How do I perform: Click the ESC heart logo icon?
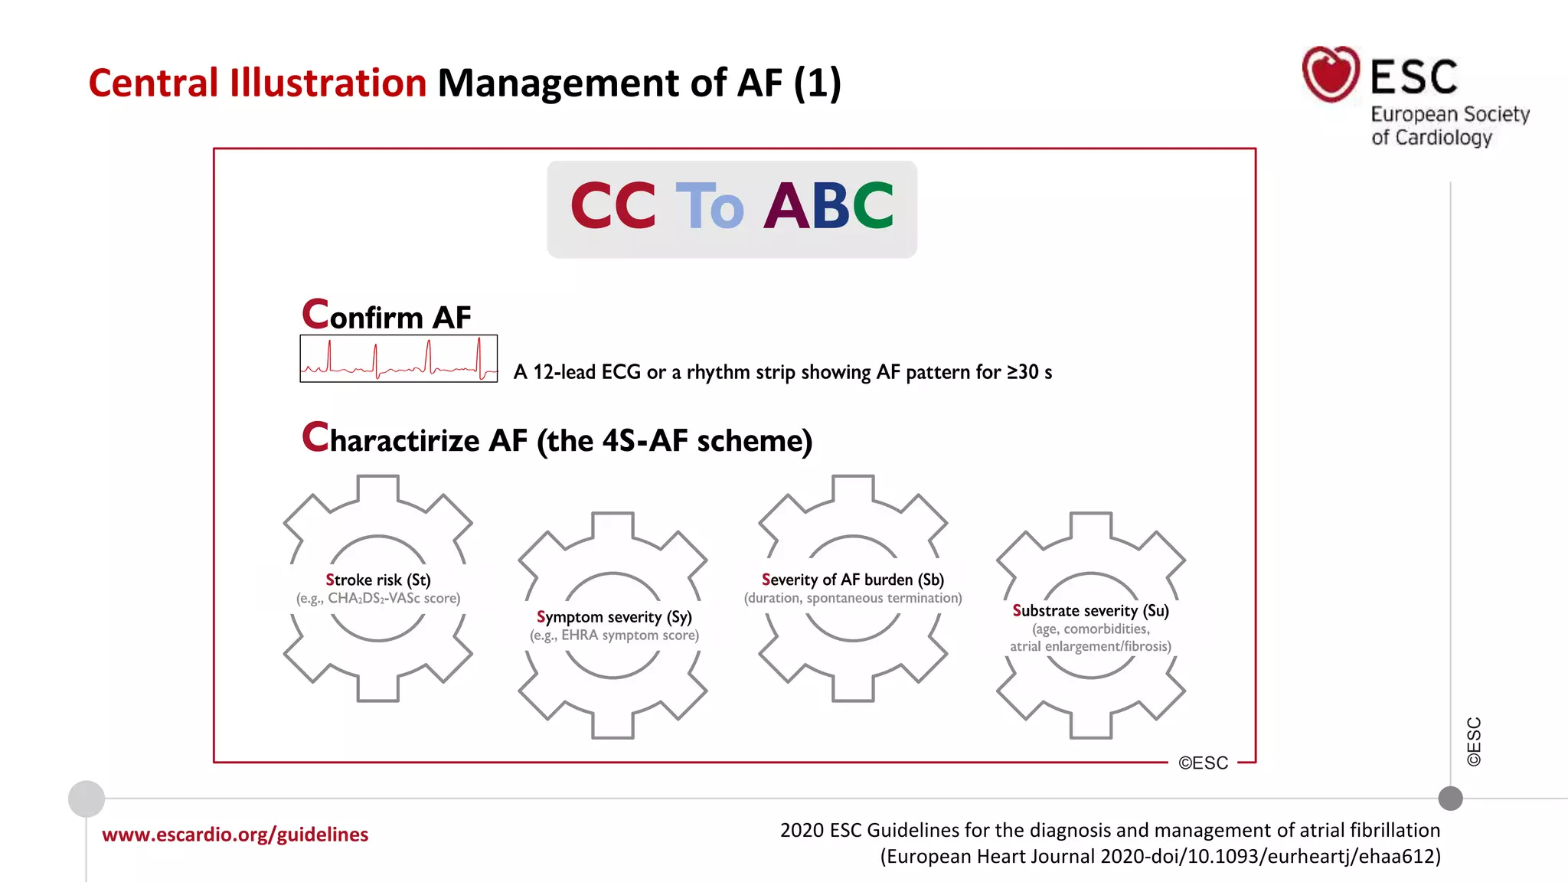(1331, 73)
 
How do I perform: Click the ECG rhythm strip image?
(398, 358)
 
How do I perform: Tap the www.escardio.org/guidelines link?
(235, 834)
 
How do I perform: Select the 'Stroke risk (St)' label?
(378, 580)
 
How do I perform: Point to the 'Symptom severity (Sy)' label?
(614, 617)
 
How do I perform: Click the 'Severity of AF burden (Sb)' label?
(852, 580)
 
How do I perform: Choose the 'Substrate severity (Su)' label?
(1090, 610)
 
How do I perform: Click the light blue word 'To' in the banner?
(709, 206)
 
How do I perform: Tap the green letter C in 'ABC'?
(872, 206)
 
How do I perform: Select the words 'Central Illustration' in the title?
(257, 83)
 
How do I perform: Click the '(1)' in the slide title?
(817, 83)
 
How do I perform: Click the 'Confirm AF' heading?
(387, 315)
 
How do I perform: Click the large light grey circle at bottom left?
(87, 799)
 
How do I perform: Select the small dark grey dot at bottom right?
(1450, 799)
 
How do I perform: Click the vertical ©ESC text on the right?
(1474, 741)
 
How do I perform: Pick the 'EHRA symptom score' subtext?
(629, 635)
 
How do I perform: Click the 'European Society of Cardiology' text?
(1449, 126)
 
